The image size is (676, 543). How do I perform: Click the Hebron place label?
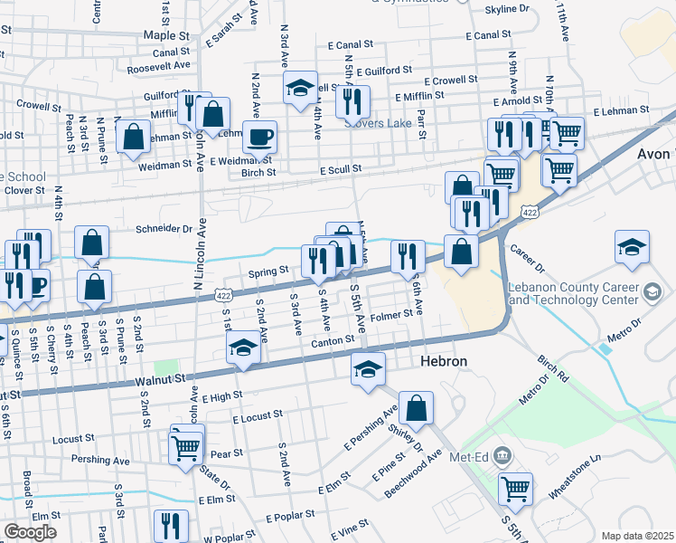click(x=444, y=361)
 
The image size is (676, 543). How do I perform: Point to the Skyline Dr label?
click(x=507, y=9)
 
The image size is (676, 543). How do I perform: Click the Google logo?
click(x=30, y=531)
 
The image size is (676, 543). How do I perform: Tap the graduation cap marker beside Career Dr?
click(x=632, y=245)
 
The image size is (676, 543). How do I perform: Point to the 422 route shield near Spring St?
click(x=224, y=295)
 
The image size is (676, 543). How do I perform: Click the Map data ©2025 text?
click(x=637, y=536)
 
